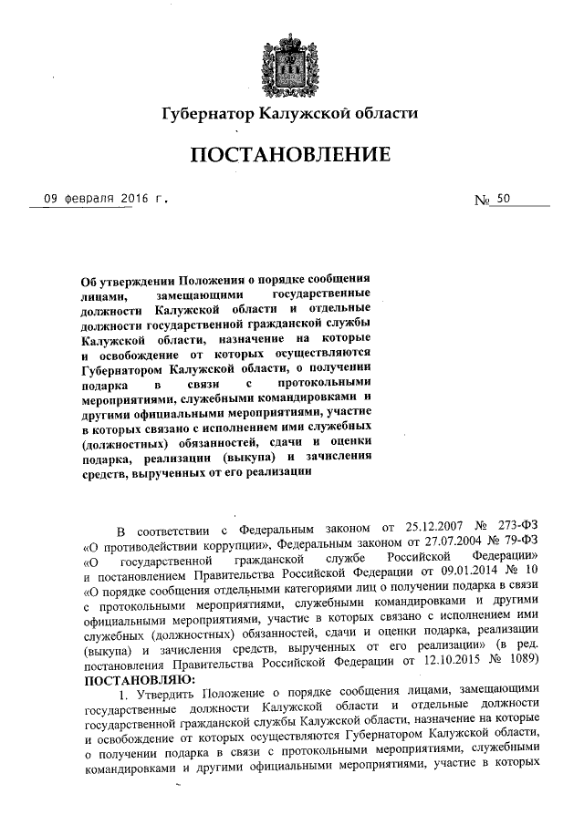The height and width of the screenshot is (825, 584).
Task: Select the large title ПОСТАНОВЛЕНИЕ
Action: [x=290, y=156]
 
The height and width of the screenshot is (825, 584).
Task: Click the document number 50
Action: [x=505, y=200]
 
